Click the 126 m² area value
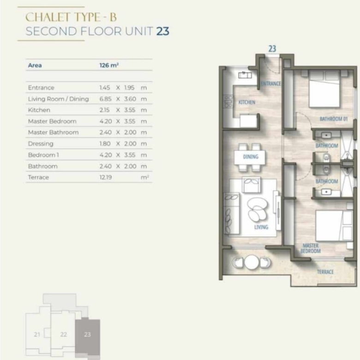click(x=109, y=65)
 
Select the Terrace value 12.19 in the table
click(x=106, y=177)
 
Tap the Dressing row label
click(x=41, y=144)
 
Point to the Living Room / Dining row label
click(x=58, y=99)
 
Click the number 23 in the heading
click(x=163, y=31)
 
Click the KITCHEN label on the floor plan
click(x=247, y=102)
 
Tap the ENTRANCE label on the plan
click(x=271, y=84)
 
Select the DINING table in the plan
click(x=250, y=157)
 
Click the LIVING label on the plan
click(x=261, y=227)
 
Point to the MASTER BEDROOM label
click(x=311, y=248)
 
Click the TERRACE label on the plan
click(x=325, y=272)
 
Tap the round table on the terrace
click(x=252, y=262)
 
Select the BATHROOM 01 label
click(x=334, y=119)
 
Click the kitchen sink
click(x=245, y=75)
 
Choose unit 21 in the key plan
click(x=37, y=335)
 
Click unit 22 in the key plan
click(x=63, y=335)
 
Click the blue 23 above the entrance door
click(x=272, y=48)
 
